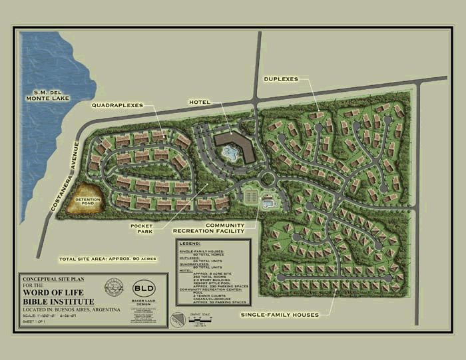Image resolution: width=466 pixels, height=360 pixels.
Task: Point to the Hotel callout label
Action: [x=199, y=102]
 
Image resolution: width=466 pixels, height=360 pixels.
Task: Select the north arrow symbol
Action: [x=176, y=319]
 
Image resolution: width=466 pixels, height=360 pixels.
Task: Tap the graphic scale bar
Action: [x=200, y=321]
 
